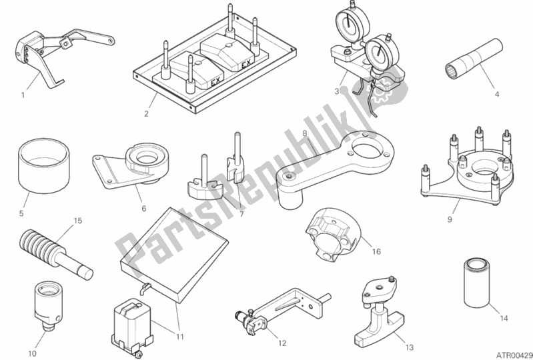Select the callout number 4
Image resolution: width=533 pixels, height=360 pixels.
[x=496, y=95]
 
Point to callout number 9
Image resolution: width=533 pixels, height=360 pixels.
[x=450, y=219]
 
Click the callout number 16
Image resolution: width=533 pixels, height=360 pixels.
[x=377, y=252]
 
